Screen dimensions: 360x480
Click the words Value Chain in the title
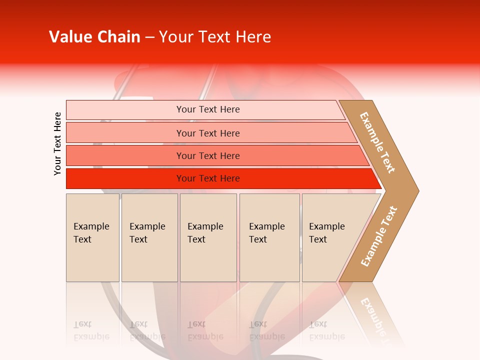pos(94,37)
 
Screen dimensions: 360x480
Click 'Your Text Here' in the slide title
pos(215,37)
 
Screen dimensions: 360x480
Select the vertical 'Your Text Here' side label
pos(57,143)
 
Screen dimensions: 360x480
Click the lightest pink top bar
pos(125,110)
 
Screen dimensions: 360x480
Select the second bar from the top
pos(125,133)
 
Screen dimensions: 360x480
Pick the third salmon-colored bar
pos(125,155)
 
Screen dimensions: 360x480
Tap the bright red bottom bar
pos(125,178)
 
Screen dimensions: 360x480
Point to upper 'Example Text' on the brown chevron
pos(377,142)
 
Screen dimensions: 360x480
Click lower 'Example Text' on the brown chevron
pos(378,236)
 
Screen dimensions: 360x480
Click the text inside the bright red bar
pos(208,178)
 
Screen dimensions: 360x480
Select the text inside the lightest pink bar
pos(208,109)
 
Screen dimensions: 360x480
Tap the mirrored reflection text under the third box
pos(205,330)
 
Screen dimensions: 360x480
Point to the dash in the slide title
pos(149,37)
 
